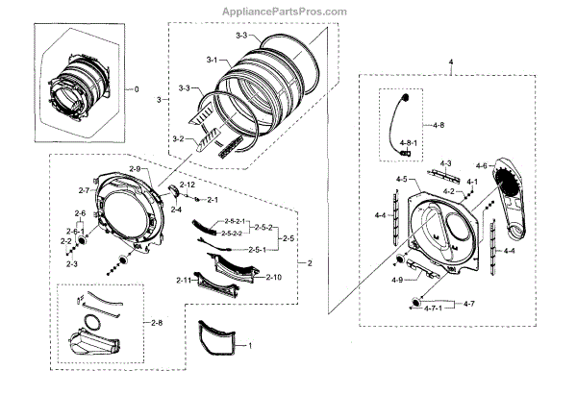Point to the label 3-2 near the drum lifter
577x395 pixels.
pos(178,139)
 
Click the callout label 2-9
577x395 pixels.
pos(136,169)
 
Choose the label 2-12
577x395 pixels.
pos(188,184)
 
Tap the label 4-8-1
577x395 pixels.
pos(409,143)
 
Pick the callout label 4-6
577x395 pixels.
pos(480,165)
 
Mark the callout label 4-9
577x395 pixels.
pos(398,280)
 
